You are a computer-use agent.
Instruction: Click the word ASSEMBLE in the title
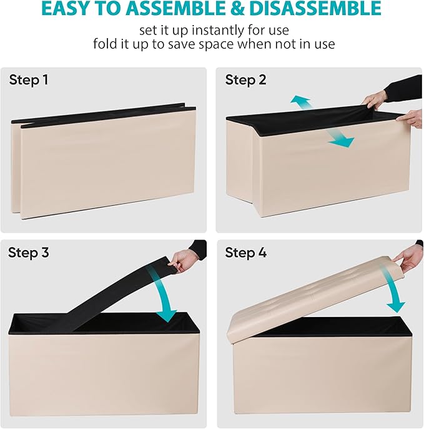tap(175, 9)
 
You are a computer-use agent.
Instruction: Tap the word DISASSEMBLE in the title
tap(315, 9)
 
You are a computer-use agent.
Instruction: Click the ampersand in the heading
tap(236, 9)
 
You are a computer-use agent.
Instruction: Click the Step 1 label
tap(29, 80)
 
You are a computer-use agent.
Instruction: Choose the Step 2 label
tap(245, 80)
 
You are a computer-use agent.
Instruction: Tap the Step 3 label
tap(29, 253)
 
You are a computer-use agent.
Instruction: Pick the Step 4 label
tap(245, 253)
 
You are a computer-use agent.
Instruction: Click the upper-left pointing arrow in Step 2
tap(300, 103)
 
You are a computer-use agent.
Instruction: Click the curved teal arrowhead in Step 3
tap(167, 315)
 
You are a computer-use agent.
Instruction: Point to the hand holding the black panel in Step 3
tap(180, 260)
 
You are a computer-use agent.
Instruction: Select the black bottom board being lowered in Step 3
tap(116, 296)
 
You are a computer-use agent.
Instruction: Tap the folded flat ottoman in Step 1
tap(104, 161)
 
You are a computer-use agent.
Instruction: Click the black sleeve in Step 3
tap(197, 248)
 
